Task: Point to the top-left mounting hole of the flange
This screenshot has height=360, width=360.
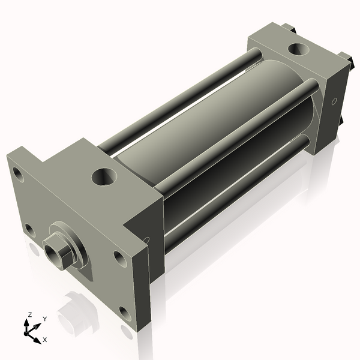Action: point(18,175)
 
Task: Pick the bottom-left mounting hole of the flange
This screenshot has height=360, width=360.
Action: point(29,229)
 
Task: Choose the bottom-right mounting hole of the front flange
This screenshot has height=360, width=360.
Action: point(124,312)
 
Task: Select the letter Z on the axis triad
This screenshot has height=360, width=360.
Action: point(30,314)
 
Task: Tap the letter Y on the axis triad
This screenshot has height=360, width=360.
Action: point(44,319)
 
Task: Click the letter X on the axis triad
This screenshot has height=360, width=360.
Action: point(45,340)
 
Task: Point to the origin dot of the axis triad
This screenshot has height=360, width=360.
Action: point(29,329)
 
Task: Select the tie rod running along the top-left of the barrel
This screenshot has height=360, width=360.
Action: point(180,102)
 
